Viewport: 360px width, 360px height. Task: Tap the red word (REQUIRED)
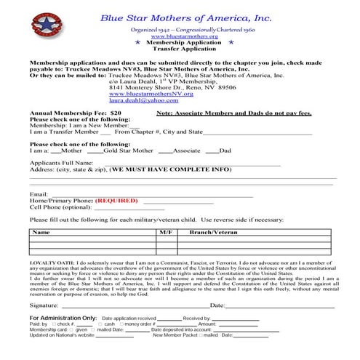click(116, 199)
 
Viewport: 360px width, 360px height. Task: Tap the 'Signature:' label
click(44, 305)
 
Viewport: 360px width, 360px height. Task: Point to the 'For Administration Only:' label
click(63, 319)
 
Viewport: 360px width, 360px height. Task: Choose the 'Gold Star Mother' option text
click(129, 151)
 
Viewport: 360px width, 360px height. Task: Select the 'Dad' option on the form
click(225, 151)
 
